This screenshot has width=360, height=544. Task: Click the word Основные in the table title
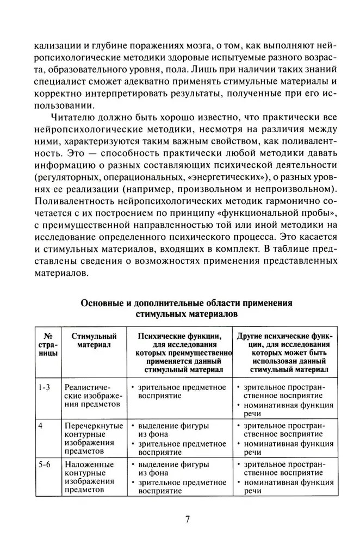tap(105, 302)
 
